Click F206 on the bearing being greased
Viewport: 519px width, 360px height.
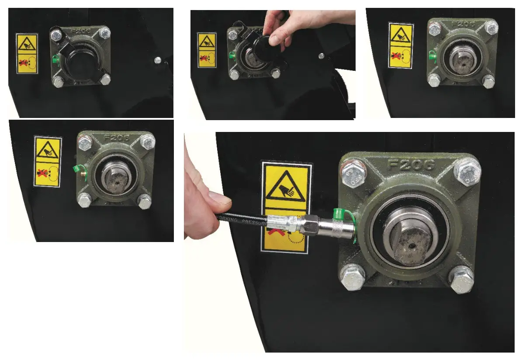click(x=411, y=165)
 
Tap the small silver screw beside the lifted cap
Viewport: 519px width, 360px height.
click(x=322, y=55)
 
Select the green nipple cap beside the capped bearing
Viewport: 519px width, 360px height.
click(x=55, y=58)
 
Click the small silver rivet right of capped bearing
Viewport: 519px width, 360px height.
click(x=158, y=59)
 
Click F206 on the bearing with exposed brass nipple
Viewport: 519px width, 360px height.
click(x=115, y=138)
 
